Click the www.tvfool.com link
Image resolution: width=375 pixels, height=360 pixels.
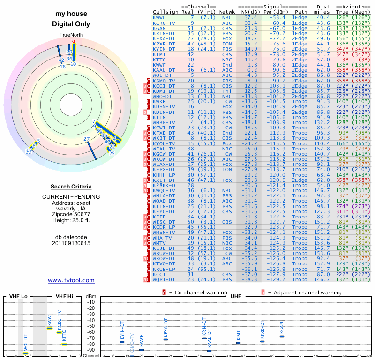point(71,280)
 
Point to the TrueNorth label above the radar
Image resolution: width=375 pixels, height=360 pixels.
point(71,35)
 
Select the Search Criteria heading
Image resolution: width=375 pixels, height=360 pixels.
point(71,187)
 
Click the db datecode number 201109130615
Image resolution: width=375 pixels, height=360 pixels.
point(71,243)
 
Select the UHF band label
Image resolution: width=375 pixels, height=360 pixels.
point(237,296)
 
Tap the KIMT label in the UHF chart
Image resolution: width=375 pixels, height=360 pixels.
point(238,336)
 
